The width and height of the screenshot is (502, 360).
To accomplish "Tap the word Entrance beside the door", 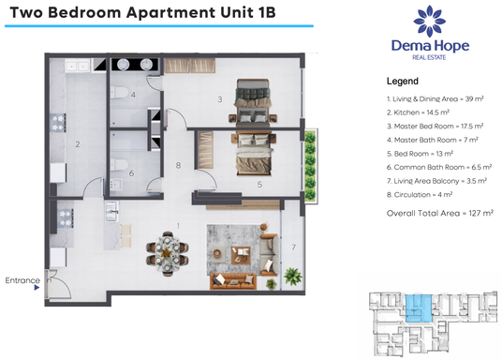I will click(x=22, y=280).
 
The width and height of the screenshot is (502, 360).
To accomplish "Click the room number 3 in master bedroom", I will click(x=219, y=97).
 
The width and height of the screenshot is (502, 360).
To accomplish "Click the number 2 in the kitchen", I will click(x=78, y=144).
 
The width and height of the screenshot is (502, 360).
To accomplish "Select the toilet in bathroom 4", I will click(x=123, y=94).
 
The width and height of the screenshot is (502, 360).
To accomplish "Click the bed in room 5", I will click(x=255, y=150).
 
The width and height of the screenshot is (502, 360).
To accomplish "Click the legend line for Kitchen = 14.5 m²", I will click(x=419, y=112).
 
